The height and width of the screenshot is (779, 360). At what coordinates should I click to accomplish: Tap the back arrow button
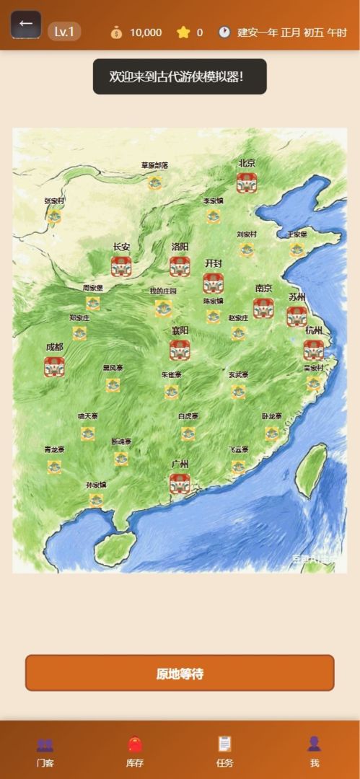(26, 24)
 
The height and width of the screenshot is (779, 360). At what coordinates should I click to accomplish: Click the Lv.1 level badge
(64, 32)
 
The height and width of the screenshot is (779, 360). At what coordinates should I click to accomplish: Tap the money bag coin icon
(116, 32)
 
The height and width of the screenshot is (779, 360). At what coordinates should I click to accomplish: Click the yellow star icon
(183, 32)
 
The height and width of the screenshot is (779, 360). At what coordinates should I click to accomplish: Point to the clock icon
(224, 32)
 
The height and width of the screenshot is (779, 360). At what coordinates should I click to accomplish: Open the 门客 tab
(45, 751)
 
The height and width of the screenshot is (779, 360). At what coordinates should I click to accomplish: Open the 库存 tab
(135, 751)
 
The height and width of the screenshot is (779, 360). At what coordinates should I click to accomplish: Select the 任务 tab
(225, 751)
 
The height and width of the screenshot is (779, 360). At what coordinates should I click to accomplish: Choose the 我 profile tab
(314, 751)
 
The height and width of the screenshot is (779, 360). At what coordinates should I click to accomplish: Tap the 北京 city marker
(247, 182)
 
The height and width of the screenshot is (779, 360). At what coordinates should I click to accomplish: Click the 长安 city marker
(121, 266)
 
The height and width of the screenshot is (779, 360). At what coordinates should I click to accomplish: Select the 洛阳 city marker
(180, 266)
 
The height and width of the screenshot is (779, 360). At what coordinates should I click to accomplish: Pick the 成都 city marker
(54, 366)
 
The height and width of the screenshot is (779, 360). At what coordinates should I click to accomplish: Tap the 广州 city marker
(180, 483)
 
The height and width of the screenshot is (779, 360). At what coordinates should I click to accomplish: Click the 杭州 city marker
(313, 350)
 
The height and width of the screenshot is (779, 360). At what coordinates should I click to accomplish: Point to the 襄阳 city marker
(180, 350)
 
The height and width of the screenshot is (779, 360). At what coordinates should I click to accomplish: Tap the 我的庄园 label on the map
(162, 291)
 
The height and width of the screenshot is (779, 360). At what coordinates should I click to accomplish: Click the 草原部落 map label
(154, 165)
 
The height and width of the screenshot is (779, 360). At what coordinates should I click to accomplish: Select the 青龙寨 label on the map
(54, 449)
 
